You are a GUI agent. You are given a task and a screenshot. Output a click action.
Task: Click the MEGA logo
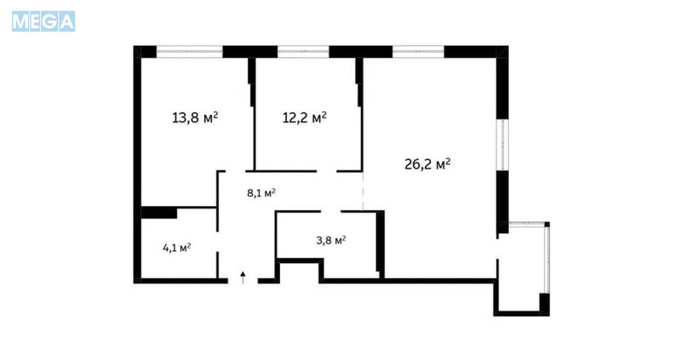click(43, 21)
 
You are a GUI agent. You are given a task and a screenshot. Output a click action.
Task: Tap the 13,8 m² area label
click(195, 117)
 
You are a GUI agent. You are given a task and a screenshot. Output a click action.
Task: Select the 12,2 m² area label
click(305, 117)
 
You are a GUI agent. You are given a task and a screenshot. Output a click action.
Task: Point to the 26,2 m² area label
click(427, 164)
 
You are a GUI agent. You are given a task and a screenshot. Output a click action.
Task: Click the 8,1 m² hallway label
click(261, 193)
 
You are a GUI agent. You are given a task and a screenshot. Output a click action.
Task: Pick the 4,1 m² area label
click(177, 248)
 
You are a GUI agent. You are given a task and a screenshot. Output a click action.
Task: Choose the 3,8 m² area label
click(331, 240)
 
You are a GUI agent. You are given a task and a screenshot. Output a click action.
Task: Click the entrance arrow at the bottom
click(243, 277)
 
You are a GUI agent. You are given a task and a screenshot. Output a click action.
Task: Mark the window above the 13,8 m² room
click(189, 52)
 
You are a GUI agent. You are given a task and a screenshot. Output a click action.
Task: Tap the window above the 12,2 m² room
click(303, 52)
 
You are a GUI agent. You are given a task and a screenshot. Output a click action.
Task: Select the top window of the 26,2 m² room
click(418, 52)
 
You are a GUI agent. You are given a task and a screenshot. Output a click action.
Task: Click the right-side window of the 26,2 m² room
click(502, 145)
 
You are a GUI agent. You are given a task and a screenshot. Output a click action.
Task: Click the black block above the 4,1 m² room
click(159, 213)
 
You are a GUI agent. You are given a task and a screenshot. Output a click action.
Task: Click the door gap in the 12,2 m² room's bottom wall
click(327, 171)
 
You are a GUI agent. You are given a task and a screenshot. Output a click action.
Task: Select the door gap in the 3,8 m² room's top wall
click(330, 211)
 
